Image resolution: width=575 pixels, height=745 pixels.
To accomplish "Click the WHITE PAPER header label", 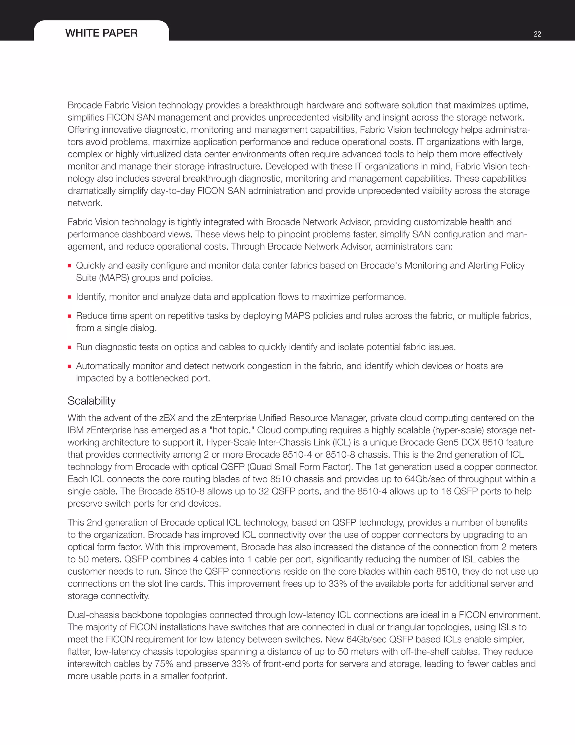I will (x=101, y=33).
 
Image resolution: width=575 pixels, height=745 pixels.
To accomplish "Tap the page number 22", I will (x=537, y=34).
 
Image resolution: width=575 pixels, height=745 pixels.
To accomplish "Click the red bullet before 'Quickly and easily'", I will (x=70, y=266).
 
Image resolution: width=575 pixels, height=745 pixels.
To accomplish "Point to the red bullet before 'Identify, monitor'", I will (x=70, y=297).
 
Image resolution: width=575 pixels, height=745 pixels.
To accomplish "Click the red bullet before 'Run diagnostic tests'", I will (x=70, y=347).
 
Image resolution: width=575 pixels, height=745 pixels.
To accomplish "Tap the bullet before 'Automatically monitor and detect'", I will (x=70, y=366).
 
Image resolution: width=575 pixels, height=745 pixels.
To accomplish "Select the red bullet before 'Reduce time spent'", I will (x=70, y=316).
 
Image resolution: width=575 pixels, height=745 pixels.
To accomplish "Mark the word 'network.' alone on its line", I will (x=85, y=203).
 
